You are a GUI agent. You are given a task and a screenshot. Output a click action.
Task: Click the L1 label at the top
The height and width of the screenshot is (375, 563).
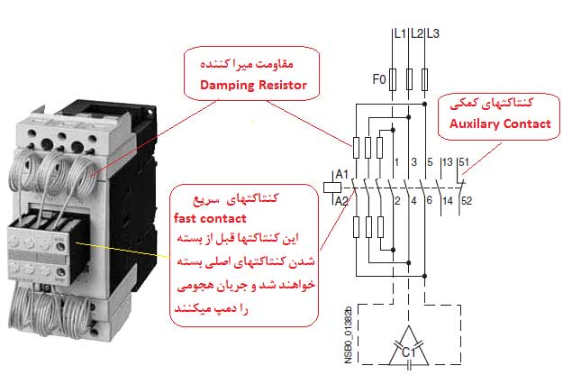click(400, 34)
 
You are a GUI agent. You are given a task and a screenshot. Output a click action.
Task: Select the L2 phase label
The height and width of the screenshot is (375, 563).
click(416, 34)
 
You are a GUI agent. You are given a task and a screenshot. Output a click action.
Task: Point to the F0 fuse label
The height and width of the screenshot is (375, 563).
click(378, 78)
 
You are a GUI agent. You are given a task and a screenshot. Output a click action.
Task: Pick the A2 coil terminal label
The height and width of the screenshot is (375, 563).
click(341, 200)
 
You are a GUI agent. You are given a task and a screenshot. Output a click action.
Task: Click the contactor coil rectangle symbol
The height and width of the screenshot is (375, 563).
click(330, 187)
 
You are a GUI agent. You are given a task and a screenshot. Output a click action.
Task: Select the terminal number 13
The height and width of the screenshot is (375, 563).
click(448, 163)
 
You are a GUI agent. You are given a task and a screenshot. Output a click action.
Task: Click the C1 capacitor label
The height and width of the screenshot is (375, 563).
click(407, 349)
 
